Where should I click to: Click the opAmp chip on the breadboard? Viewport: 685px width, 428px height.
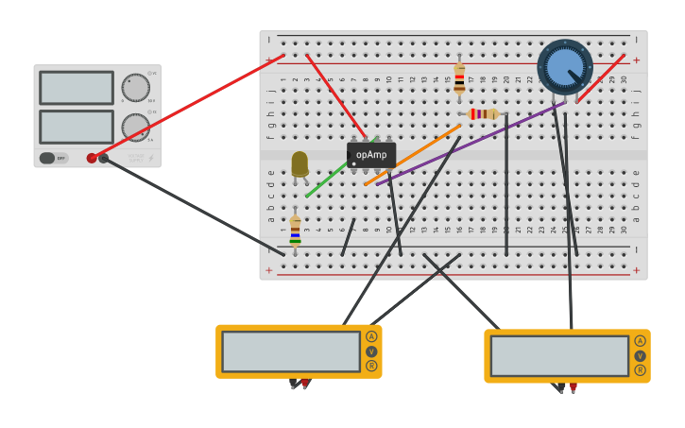click(371, 154)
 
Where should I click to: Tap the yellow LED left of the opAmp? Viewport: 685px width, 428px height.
click(300, 163)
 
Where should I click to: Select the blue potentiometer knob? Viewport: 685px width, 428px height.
click(565, 66)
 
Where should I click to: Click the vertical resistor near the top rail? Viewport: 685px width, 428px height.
click(459, 77)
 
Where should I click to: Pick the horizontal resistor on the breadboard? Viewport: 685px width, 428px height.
click(483, 114)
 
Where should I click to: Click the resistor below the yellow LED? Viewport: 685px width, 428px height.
click(295, 230)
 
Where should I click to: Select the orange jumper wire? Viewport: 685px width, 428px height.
click(413, 154)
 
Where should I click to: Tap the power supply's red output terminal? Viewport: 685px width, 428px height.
click(92, 158)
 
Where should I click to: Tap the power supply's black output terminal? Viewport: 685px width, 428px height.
click(104, 158)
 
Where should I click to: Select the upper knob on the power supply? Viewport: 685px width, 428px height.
click(135, 88)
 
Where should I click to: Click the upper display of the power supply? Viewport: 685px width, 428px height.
click(77, 88)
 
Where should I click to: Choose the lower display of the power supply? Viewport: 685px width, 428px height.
click(77, 127)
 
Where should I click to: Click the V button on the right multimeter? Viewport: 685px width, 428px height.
click(640, 356)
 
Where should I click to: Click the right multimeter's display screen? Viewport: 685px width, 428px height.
click(559, 356)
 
